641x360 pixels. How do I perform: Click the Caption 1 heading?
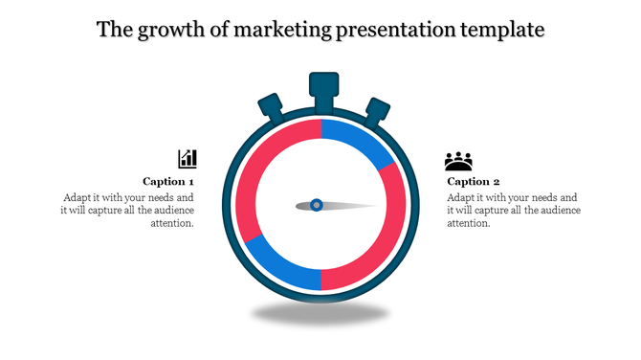click(x=168, y=181)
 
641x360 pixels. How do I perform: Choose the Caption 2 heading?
click(x=474, y=181)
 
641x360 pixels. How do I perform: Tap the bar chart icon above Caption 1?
click(x=188, y=159)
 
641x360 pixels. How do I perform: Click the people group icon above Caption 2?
click(x=459, y=161)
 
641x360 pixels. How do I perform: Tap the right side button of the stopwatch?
click(x=377, y=110)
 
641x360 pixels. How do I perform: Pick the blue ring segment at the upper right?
click(x=360, y=140)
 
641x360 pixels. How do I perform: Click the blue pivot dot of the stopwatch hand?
click(x=317, y=205)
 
